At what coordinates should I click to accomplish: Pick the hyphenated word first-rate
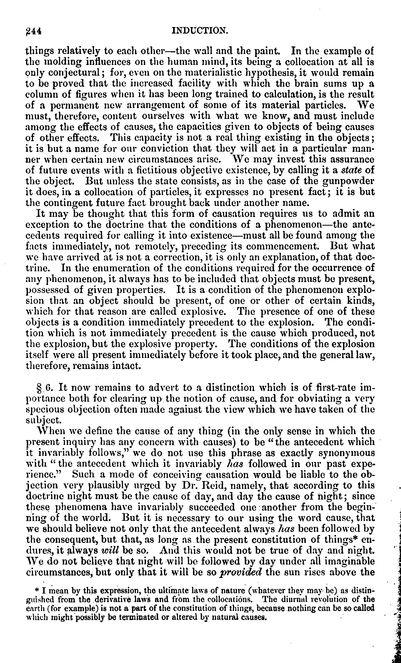[x=337, y=388]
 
